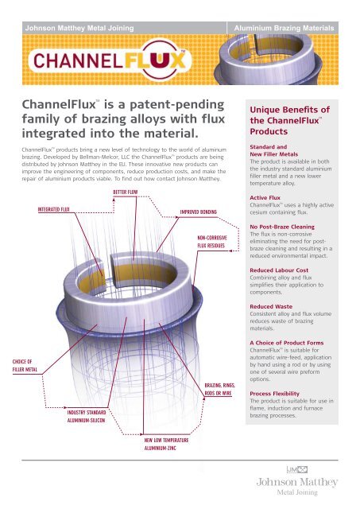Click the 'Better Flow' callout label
point(126,192)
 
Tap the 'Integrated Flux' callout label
point(53,209)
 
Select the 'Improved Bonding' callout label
point(198,212)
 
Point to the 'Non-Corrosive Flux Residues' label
point(212,242)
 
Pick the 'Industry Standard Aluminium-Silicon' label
point(87,416)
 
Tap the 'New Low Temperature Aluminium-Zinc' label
point(166,444)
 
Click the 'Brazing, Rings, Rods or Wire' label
point(219,389)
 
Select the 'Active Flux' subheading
point(265,198)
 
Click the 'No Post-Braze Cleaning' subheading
point(282,227)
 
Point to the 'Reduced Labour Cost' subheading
point(279,270)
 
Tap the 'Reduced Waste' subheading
point(271,306)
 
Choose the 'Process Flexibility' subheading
point(274,394)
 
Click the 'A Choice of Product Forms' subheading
point(287,343)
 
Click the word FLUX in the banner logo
point(155,60)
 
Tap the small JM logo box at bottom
point(297,469)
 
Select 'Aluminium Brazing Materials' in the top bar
point(284,29)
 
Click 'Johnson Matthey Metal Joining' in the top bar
point(79,28)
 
